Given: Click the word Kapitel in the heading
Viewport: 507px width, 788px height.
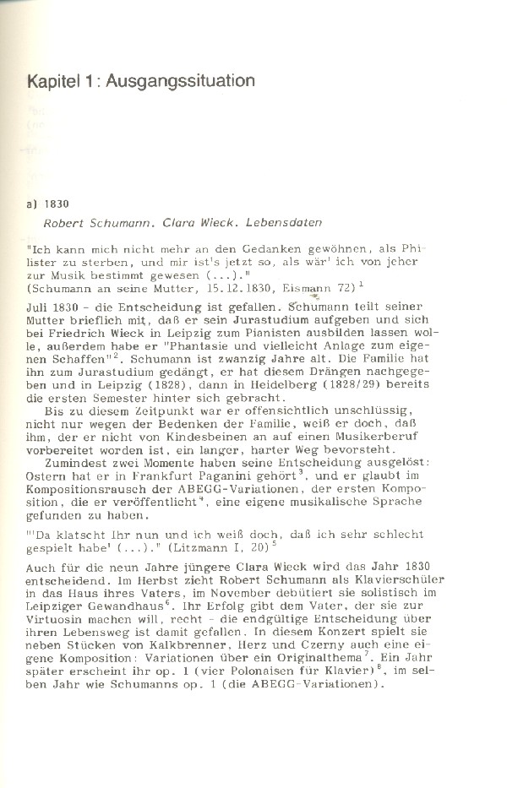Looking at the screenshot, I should point(53,82).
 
